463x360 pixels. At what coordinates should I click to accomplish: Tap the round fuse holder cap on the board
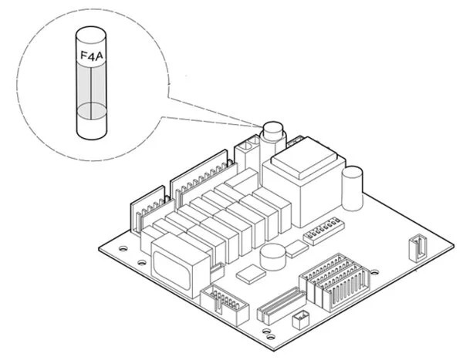point(272,130)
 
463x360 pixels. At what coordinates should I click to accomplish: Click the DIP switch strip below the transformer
point(323,234)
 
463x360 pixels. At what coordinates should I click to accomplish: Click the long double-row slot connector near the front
point(278,308)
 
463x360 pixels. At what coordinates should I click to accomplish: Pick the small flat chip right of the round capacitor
point(297,248)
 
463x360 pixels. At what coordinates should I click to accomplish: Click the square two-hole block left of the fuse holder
point(249,150)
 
